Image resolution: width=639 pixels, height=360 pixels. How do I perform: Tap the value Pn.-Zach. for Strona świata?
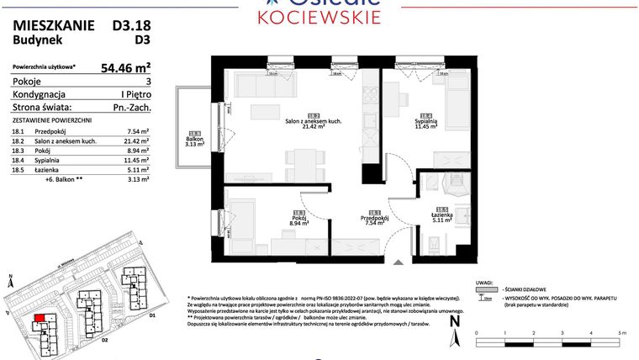tap(129, 108)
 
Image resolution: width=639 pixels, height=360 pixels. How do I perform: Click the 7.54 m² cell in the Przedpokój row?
tap(137, 132)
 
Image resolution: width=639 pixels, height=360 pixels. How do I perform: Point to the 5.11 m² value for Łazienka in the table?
tap(137, 169)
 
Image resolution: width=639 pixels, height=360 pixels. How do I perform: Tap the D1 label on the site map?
tap(152, 315)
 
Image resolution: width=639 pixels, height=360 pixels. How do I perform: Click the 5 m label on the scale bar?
tap(621, 334)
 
